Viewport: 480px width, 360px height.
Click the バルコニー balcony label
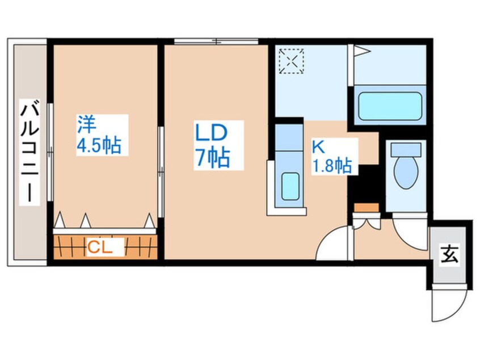coord(30,152)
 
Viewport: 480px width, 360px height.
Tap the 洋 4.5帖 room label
coord(99,135)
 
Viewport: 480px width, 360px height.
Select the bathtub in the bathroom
coord(390,106)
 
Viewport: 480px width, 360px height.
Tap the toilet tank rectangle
coord(406,149)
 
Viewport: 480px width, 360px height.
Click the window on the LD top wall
coord(216,41)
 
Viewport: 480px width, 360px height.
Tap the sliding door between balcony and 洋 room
coord(50,152)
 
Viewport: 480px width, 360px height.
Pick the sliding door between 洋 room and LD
coord(161,172)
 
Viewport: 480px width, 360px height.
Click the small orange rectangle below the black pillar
coord(367,207)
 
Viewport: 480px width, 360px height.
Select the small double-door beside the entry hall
coord(367,222)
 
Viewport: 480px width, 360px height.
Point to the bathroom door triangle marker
coord(362,51)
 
